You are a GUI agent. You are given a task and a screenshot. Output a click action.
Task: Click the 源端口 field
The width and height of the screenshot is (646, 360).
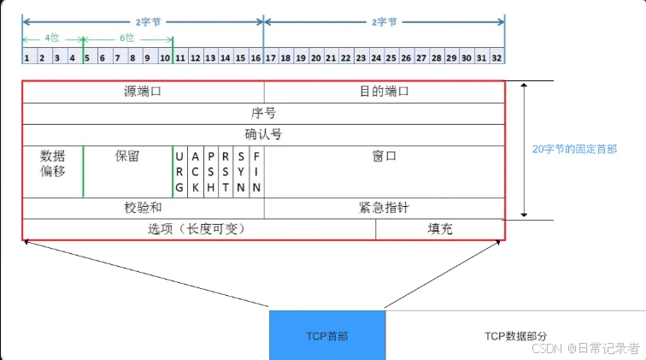pyautogui.click(x=143, y=91)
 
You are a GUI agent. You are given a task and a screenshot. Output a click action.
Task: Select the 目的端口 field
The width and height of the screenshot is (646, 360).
pyautogui.click(x=384, y=91)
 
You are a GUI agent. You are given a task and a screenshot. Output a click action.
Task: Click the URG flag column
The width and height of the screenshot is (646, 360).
pyautogui.click(x=179, y=171)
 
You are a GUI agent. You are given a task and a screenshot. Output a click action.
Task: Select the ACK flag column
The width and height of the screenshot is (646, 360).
pyautogui.click(x=195, y=171)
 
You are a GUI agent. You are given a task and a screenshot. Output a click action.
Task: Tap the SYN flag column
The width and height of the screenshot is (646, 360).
pyautogui.click(x=241, y=171)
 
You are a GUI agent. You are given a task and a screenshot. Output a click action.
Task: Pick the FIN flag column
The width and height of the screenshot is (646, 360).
pyautogui.click(x=256, y=171)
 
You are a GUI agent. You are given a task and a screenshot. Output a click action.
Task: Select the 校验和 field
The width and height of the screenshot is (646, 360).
pyautogui.click(x=143, y=208)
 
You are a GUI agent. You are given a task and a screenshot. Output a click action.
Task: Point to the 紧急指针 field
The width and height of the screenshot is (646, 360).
pyautogui.click(x=384, y=208)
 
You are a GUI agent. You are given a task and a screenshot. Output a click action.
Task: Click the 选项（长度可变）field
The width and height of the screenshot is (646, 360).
pyautogui.click(x=197, y=229)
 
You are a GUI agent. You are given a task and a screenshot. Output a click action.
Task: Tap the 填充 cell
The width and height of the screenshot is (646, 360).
pyautogui.click(x=440, y=229)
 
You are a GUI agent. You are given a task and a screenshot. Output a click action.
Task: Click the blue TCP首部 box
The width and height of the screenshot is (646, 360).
pyautogui.click(x=326, y=335)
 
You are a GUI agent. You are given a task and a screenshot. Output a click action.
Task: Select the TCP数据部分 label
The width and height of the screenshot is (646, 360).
pyautogui.click(x=515, y=336)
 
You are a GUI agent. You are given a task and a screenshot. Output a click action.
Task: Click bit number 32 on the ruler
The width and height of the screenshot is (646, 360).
pyautogui.click(x=496, y=57)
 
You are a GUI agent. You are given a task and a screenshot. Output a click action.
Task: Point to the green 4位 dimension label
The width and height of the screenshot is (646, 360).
pyautogui.click(x=52, y=38)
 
